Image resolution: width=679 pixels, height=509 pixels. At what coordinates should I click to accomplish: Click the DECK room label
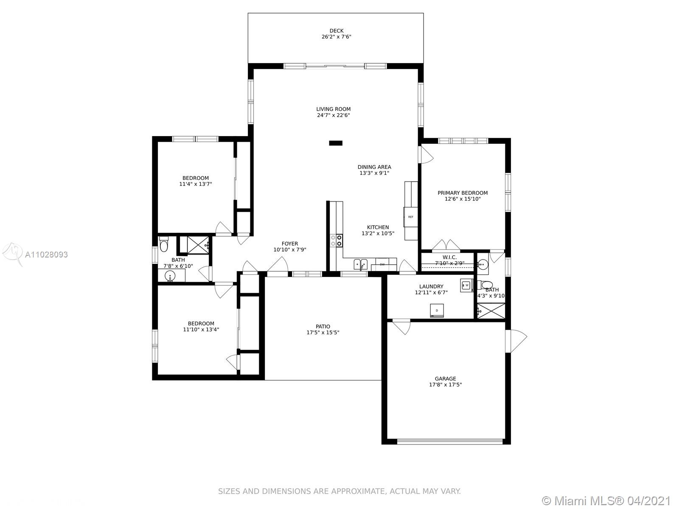click(336, 31)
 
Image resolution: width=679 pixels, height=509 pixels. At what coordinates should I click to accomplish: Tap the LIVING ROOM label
click(333, 109)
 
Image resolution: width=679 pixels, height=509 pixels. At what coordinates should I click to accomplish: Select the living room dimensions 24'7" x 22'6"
click(333, 115)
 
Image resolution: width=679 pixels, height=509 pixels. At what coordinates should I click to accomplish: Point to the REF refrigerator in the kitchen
click(410, 217)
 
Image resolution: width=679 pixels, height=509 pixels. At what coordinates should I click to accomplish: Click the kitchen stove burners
click(336, 241)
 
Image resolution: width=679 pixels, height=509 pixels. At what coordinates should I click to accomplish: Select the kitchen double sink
click(360, 265)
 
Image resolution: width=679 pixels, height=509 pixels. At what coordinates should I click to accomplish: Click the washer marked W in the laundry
click(466, 285)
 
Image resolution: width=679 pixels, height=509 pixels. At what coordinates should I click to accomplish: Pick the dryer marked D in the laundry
click(437, 310)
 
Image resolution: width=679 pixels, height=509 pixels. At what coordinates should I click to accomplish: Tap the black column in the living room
click(336, 143)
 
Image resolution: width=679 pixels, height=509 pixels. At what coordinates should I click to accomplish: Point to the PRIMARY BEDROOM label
click(463, 193)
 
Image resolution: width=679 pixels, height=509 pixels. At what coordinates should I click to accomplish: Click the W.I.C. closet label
click(449, 257)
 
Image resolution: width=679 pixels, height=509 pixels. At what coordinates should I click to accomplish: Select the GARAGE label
click(445, 379)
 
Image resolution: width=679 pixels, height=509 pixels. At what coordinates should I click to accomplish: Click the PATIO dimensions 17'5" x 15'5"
click(323, 333)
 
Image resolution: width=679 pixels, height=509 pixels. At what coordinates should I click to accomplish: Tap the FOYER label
click(289, 243)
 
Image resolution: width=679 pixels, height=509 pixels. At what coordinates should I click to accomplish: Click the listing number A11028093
click(46, 255)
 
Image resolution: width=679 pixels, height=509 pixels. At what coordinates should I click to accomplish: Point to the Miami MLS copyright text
click(606, 501)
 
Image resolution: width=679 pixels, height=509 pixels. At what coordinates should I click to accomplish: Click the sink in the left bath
click(170, 275)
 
